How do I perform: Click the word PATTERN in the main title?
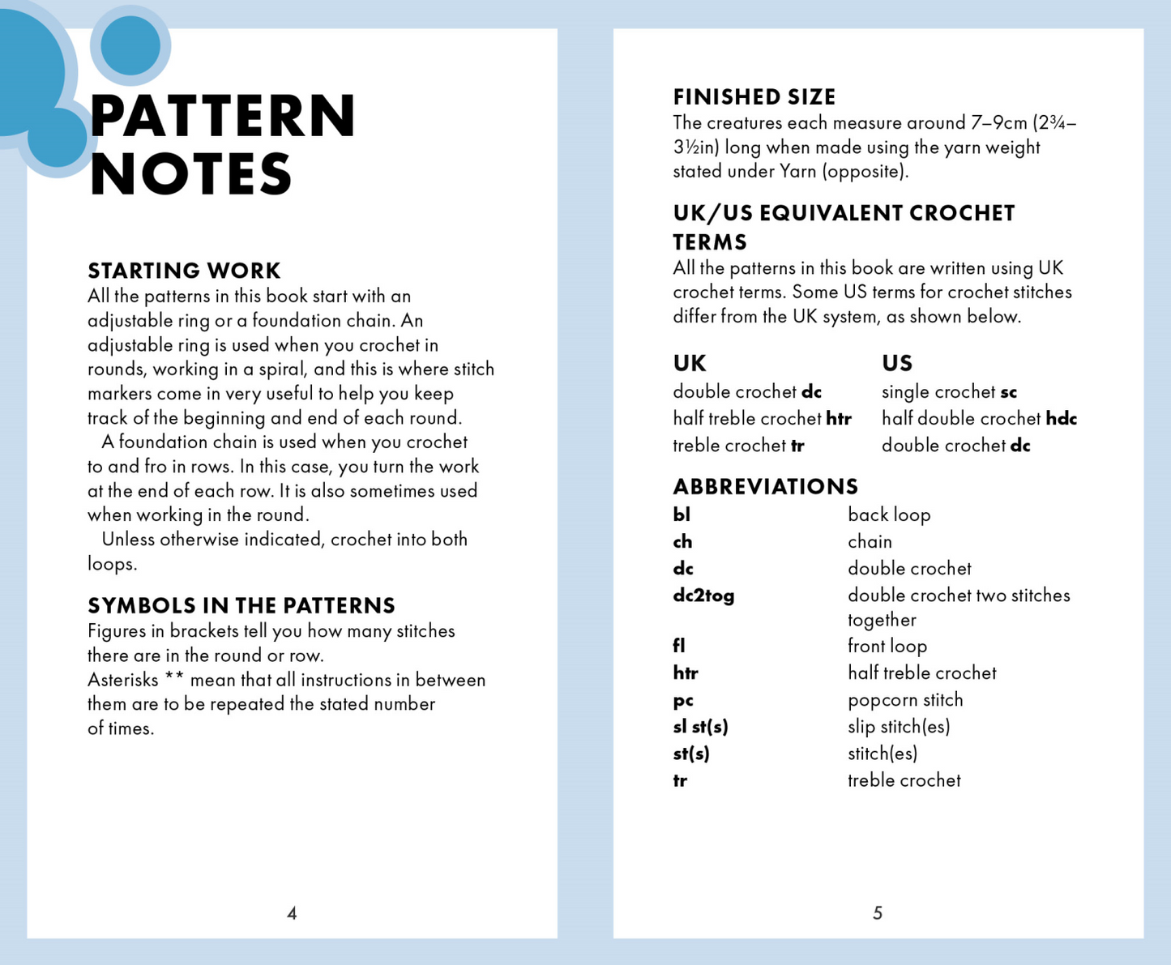(223, 116)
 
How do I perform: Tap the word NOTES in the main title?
(191, 175)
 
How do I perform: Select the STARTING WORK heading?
(184, 271)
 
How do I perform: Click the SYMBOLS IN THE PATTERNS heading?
(241, 605)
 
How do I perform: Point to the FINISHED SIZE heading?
(754, 97)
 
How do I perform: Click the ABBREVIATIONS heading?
(765, 486)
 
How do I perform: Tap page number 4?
(292, 913)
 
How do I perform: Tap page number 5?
(877, 913)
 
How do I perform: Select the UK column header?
(690, 363)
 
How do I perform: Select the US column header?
(897, 363)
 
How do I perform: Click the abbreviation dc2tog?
(703, 596)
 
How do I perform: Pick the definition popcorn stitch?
(905, 700)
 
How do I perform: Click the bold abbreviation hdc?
(1061, 419)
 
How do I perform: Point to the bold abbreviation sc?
(1008, 392)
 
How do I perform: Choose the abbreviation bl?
(682, 515)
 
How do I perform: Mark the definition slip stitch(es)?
(899, 727)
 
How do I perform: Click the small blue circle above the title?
(130, 45)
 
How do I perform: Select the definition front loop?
(887, 647)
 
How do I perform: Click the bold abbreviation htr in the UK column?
(839, 419)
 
